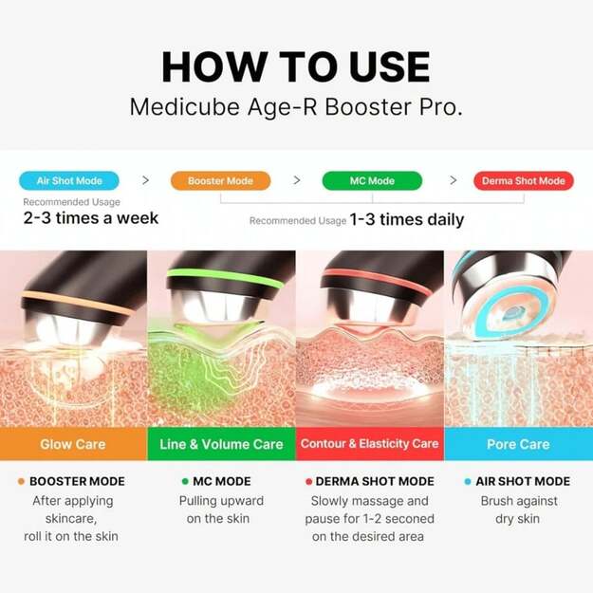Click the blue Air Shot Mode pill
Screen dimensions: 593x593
pyautogui.click(x=68, y=180)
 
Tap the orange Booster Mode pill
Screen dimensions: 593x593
pyautogui.click(x=219, y=180)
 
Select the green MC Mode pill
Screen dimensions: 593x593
pyautogui.click(x=372, y=180)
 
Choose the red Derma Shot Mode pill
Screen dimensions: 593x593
pyautogui.click(x=523, y=180)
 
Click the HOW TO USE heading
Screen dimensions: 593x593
pyautogui.click(x=296, y=67)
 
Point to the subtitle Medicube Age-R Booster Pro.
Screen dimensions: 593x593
pyautogui.click(x=296, y=106)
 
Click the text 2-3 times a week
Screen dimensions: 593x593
pyautogui.click(x=90, y=218)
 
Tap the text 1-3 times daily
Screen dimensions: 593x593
pyautogui.click(x=407, y=220)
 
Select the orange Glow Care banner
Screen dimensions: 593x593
pyautogui.click(x=73, y=444)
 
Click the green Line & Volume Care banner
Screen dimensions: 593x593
pyautogui.click(x=221, y=444)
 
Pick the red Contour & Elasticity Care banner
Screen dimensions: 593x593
pyautogui.click(x=369, y=444)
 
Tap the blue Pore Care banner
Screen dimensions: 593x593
pyautogui.click(x=518, y=444)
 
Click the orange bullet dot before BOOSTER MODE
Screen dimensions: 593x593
pyautogui.click(x=21, y=481)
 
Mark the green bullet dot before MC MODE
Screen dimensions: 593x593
pyautogui.click(x=185, y=481)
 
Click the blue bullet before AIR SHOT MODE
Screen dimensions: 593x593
pyautogui.click(x=467, y=481)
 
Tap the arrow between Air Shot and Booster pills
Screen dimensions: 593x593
pyautogui.click(x=144, y=180)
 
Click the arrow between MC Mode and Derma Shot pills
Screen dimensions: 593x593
pyautogui.click(x=453, y=180)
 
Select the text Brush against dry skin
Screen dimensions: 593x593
pyautogui.click(x=518, y=510)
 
